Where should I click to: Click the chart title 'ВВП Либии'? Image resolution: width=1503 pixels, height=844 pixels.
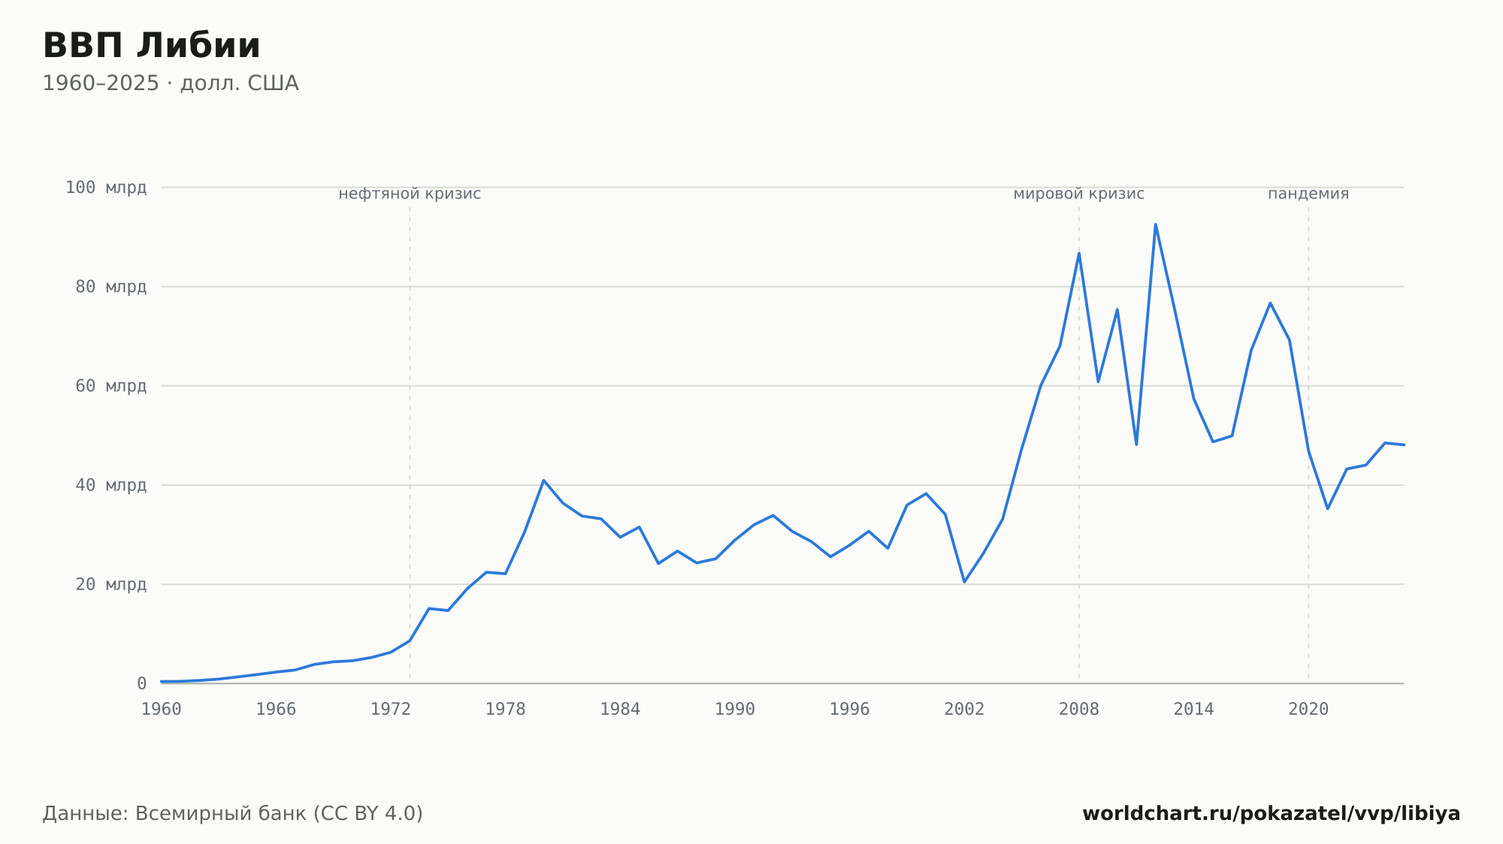point(151,46)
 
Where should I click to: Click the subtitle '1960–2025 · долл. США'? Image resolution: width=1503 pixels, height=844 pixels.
point(171,83)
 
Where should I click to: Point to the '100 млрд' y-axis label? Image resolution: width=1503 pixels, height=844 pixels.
point(106,188)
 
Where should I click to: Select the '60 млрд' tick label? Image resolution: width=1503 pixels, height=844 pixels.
point(111,386)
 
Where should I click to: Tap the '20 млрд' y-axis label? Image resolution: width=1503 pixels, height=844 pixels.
point(111,584)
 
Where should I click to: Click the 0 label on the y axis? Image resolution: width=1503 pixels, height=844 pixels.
point(142,683)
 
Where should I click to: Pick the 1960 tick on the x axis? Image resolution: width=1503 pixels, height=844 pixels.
point(162,710)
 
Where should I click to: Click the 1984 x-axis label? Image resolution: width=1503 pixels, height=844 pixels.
point(620,710)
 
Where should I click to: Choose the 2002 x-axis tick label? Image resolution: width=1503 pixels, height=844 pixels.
point(964,710)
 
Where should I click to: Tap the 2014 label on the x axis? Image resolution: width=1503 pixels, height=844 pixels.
point(1193,710)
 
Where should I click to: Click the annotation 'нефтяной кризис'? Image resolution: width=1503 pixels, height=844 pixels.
point(410,194)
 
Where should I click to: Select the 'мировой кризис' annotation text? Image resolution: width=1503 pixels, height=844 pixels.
point(1079,194)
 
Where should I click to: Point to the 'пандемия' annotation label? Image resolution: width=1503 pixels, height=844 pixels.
point(1308,194)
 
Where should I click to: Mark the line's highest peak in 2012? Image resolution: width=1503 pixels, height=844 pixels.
point(1155,224)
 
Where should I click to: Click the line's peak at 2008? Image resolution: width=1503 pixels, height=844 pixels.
point(1079,253)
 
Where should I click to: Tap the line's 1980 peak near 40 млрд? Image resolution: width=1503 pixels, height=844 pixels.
point(543,480)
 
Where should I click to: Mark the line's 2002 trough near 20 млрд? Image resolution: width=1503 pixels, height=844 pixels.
point(964,582)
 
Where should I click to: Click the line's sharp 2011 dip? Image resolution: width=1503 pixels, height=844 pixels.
point(1136,445)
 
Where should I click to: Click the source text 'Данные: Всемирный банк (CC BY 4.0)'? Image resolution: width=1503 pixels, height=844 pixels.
point(233,814)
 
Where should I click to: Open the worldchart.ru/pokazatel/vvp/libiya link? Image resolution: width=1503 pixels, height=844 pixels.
point(1272,814)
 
